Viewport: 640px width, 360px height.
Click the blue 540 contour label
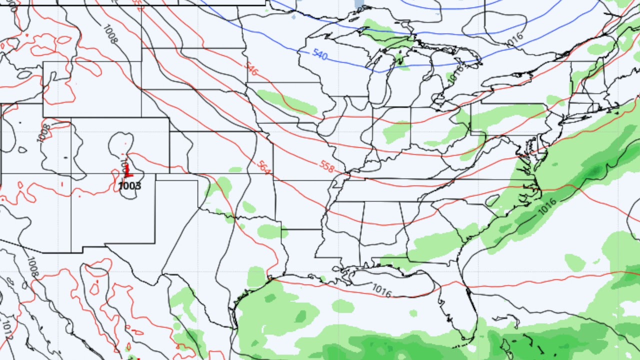pos(320,54)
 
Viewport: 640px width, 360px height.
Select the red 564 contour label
pos(264,167)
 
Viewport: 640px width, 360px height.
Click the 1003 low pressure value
pos(129,186)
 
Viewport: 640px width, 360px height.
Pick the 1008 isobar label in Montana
pos(110,33)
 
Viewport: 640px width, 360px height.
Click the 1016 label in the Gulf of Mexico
pos(381,290)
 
